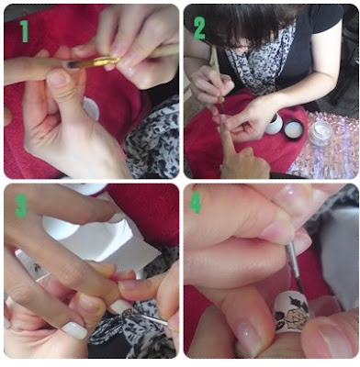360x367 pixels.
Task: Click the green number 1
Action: (x=24, y=31)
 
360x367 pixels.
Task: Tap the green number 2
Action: (x=199, y=28)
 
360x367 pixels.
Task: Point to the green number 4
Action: (x=195, y=202)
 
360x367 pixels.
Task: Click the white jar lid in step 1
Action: (x=91, y=107)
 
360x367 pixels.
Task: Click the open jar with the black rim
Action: (x=294, y=128)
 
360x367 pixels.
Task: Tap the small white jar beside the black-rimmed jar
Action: (x=274, y=125)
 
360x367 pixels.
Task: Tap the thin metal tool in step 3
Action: (x=150, y=318)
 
